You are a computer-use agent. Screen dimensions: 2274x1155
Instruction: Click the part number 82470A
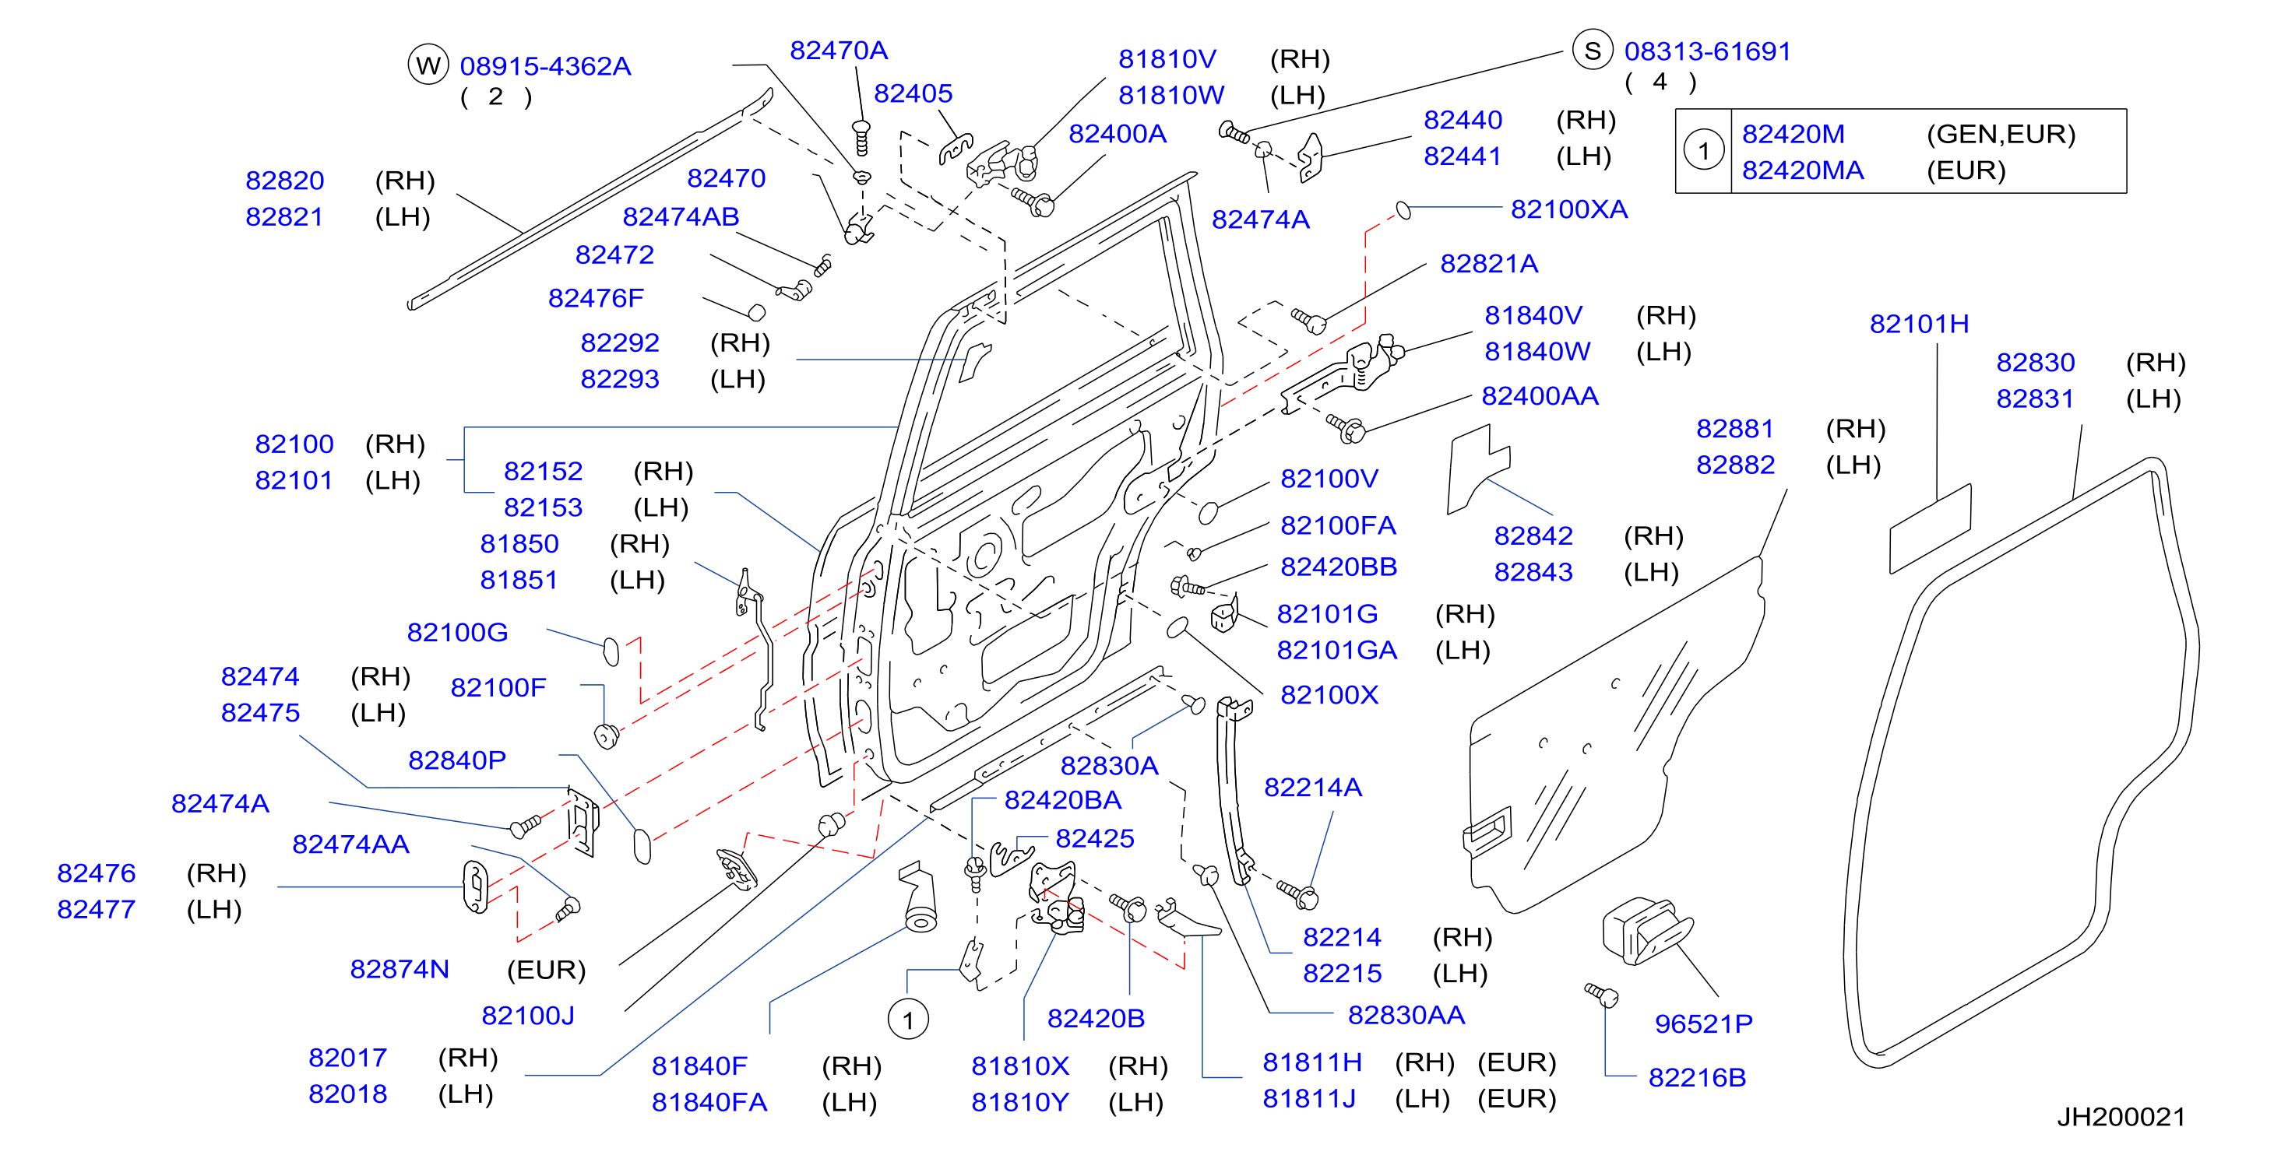coord(838,51)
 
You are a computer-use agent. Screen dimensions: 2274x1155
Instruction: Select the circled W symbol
coord(428,65)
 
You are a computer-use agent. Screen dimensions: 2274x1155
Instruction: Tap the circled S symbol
coord(1593,51)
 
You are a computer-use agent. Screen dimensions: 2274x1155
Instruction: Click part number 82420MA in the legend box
coord(1803,170)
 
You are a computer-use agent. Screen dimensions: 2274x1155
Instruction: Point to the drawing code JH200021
coord(2121,1116)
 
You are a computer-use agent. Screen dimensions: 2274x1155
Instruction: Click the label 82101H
coord(1919,324)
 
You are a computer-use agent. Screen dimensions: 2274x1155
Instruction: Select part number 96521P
coord(1703,1023)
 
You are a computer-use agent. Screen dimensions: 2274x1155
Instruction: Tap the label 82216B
coord(1697,1077)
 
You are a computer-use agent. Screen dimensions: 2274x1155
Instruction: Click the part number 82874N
coord(399,969)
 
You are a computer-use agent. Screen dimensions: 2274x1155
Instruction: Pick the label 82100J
coord(528,1016)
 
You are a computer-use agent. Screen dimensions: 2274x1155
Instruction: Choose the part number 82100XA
coord(1568,209)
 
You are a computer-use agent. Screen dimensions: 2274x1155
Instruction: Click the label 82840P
coord(456,760)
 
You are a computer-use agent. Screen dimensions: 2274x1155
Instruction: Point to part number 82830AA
coord(1406,1015)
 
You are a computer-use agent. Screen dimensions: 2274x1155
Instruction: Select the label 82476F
coord(596,298)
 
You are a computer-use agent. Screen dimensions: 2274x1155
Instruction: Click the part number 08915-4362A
coord(546,66)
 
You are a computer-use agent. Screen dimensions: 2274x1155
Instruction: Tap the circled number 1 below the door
coord(908,1020)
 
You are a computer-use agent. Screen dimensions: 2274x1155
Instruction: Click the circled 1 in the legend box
coord(1704,151)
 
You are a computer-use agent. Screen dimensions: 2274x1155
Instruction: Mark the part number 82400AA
coord(1540,396)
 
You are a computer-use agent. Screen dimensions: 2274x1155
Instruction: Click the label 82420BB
coord(1338,567)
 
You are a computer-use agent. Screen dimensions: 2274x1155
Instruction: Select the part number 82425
coord(1095,838)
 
